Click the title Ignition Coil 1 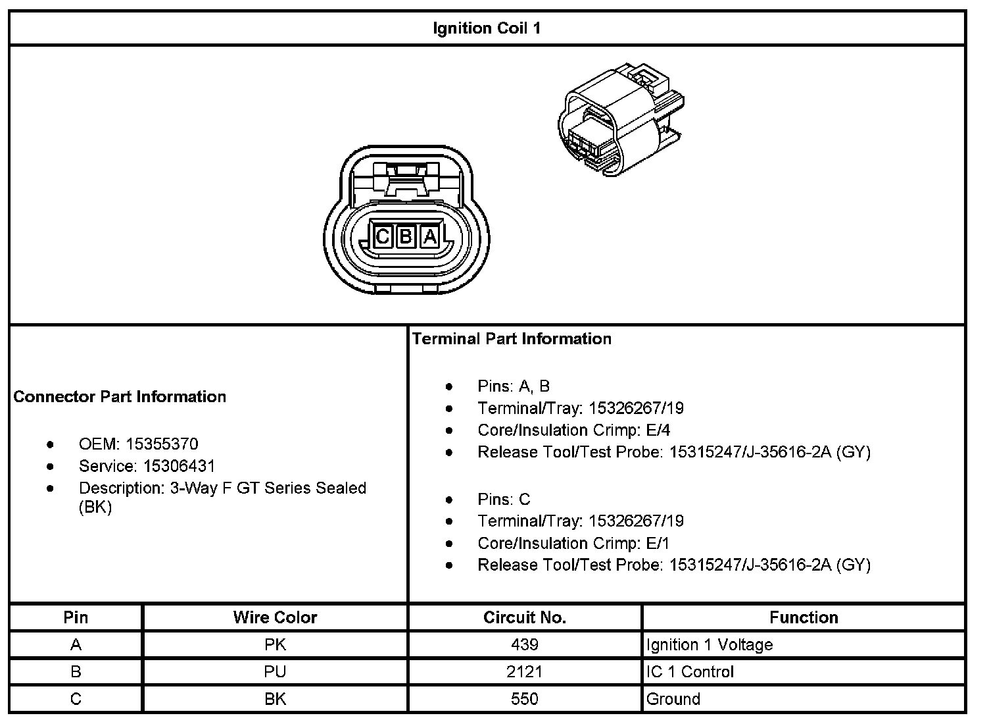(x=487, y=28)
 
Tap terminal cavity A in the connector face (x=430, y=236)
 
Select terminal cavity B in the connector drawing (x=406, y=236)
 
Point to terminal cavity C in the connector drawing (x=383, y=236)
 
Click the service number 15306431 (x=179, y=466)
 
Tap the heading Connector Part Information (x=120, y=396)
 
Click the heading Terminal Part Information (x=512, y=338)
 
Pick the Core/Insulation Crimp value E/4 (x=658, y=430)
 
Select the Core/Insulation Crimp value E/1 (x=658, y=543)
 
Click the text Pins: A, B (x=514, y=386)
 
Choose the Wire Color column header (x=275, y=617)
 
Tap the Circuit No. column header (x=524, y=617)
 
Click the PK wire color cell (x=275, y=644)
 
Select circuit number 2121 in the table (x=524, y=672)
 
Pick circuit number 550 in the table (x=524, y=699)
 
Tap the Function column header (x=804, y=617)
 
